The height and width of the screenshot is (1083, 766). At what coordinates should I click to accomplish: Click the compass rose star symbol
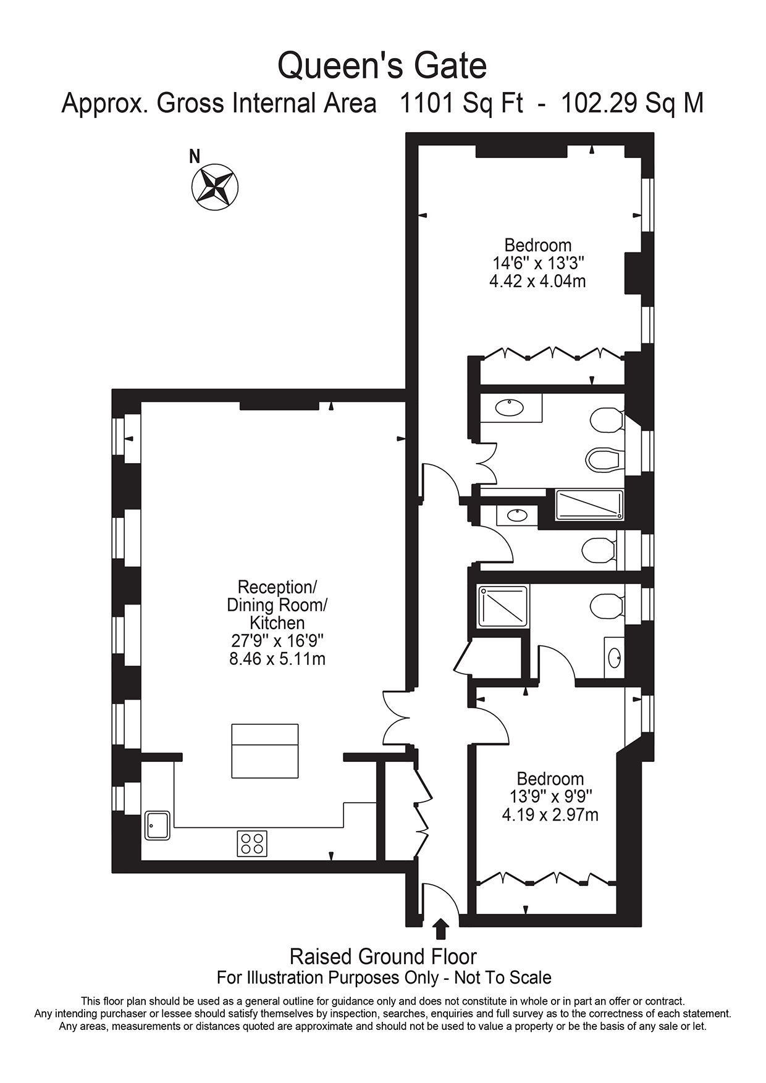point(215,186)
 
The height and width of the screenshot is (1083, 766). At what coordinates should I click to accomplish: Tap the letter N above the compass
point(195,156)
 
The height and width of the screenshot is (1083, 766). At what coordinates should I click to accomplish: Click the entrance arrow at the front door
point(440,928)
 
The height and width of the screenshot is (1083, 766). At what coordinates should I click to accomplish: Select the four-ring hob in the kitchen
point(252,843)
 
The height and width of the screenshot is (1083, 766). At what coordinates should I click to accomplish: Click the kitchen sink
point(158,826)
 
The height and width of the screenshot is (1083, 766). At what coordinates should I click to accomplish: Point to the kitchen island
point(265,751)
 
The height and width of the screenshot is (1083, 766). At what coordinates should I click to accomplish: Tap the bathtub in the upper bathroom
point(589,504)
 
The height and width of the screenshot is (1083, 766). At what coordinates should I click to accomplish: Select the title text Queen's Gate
point(382,65)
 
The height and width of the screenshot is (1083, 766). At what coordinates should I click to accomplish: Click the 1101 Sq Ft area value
point(461,103)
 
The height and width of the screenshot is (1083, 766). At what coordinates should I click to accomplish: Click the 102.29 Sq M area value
point(632,103)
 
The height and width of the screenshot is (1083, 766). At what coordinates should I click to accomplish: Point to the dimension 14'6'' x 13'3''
point(538,264)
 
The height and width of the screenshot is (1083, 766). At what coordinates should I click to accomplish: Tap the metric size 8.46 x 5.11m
point(277,659)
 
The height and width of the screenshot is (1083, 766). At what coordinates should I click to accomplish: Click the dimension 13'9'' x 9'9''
point(550,797)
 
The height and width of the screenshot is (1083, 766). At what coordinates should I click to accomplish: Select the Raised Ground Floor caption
point(383,956)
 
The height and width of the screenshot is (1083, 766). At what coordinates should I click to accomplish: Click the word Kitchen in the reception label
point(277,622)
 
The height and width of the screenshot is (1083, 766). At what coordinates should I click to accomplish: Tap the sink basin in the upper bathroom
point(510,408)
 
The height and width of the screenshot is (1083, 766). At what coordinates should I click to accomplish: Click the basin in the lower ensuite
point(615,658)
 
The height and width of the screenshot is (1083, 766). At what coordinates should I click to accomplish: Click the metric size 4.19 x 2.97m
point(550,815)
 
